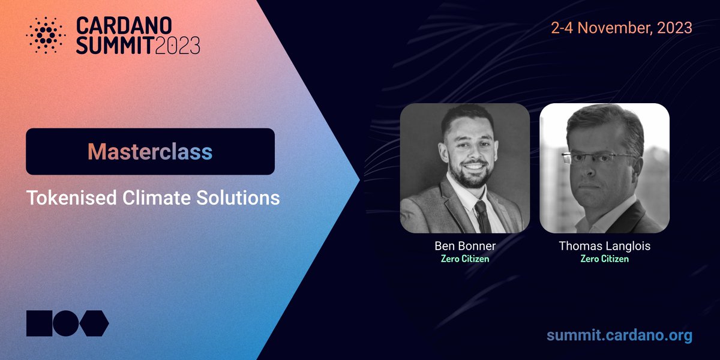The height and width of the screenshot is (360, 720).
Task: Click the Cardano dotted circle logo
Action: tap(46, 35)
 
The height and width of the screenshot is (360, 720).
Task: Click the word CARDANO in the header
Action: tap(124, 26)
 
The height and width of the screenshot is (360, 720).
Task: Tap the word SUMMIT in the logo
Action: tap(115, 46)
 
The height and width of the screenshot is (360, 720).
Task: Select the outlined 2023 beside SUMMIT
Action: tap(178, 46)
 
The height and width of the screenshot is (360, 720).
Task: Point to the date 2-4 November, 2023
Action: tap(622, 28)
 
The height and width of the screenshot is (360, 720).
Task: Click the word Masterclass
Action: tap(150, 152)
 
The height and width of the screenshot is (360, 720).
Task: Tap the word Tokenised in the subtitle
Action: tap(71, 197)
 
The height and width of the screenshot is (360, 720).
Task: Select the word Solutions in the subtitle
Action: tap(238, 197)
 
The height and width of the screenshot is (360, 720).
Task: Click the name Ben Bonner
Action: tap(465, 246)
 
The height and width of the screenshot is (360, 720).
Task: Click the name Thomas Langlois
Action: tap(605, 246)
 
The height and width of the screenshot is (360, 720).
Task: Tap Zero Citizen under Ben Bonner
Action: tap(465, 259)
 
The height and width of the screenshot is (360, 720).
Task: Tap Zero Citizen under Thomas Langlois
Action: tap(605, 259)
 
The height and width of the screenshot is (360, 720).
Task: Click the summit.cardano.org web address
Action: tap(619, 335)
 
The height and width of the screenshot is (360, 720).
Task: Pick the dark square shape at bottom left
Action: tap(39, 323)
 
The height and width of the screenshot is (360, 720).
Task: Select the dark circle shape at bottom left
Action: tap(66, 323)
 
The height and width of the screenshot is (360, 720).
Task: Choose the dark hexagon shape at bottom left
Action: tap(94, 323)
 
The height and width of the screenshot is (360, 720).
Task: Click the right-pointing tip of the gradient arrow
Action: tap(359, 180)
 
